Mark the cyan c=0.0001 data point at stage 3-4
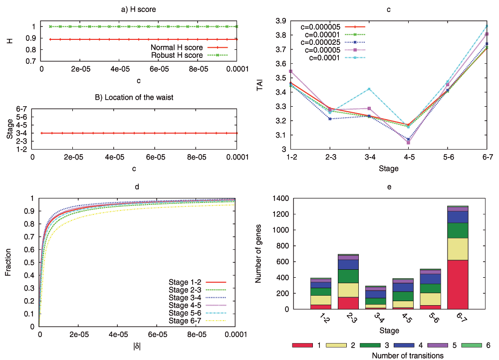(369, 89)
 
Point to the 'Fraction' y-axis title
(8, 262)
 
